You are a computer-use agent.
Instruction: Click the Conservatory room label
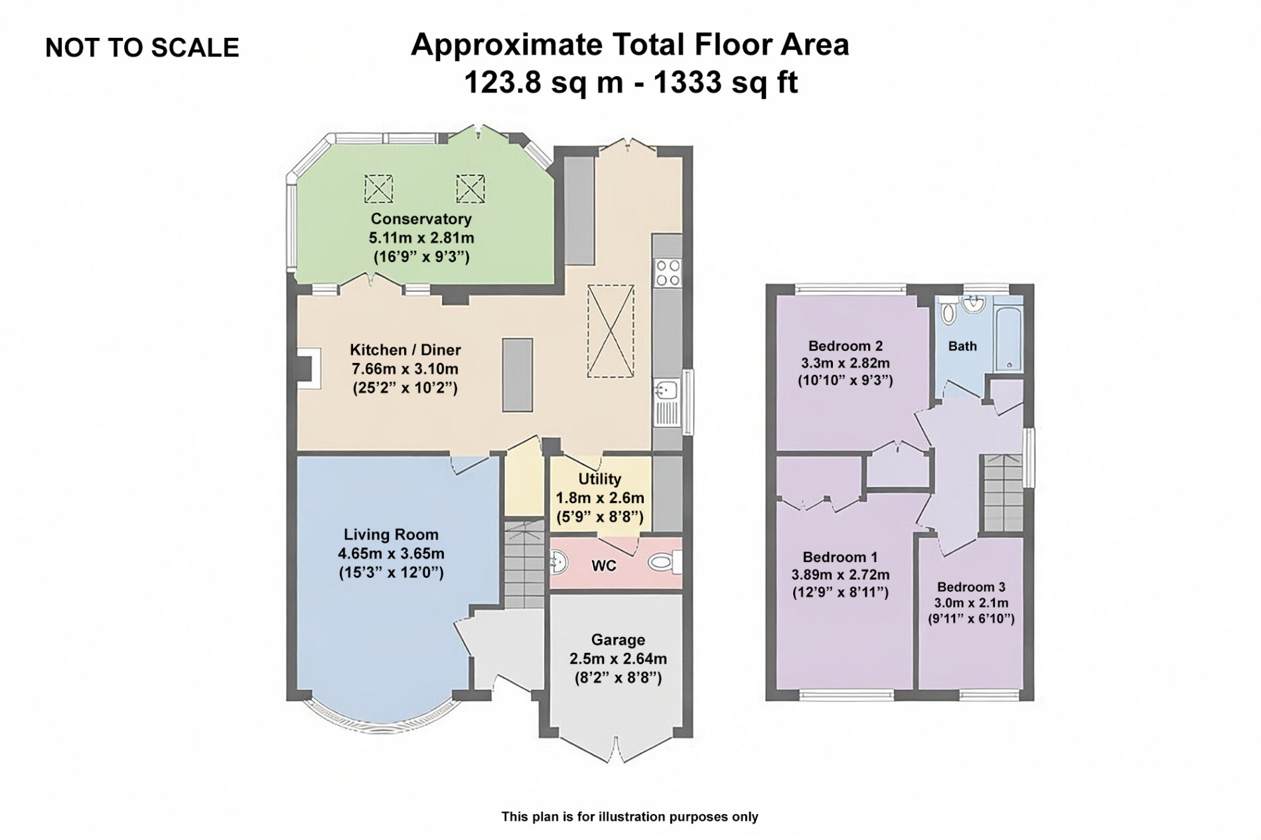click(421, 218)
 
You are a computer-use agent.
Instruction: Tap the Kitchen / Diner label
click(405, 350)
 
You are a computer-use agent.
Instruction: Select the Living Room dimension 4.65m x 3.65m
click(391, 553)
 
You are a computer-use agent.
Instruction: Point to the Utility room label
click(599, 479)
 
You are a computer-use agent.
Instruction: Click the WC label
click(603, 566)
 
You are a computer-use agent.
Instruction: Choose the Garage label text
click(618, 640)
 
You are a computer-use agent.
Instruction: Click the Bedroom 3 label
click(971, 587)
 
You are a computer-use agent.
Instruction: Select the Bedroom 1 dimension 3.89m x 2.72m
click(840, 575)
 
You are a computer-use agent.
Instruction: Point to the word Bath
click(962, 346)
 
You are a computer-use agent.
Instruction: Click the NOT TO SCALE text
click(142, 48)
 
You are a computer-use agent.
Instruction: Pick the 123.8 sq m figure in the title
click(544, 83)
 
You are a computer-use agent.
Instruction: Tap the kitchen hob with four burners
click(667, 273)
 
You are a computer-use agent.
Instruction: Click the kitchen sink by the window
click(666, 401)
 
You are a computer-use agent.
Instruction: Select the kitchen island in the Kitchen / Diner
click(517, 375)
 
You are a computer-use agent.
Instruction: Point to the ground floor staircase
click(524, 565)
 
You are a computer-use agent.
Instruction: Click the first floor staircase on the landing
click(1003, 492)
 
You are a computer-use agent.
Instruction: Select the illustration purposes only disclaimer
click(629, 817)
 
